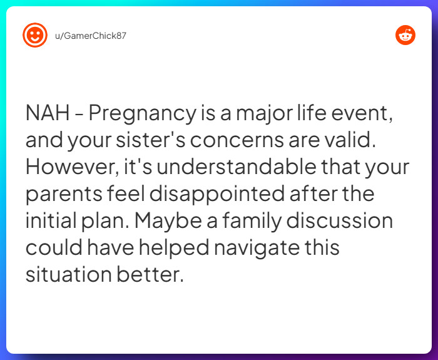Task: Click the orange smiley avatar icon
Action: coord(35,35)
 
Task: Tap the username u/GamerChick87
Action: coord(90,36)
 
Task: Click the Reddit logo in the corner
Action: coord(405,35)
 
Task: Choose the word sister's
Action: coord(150,141)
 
